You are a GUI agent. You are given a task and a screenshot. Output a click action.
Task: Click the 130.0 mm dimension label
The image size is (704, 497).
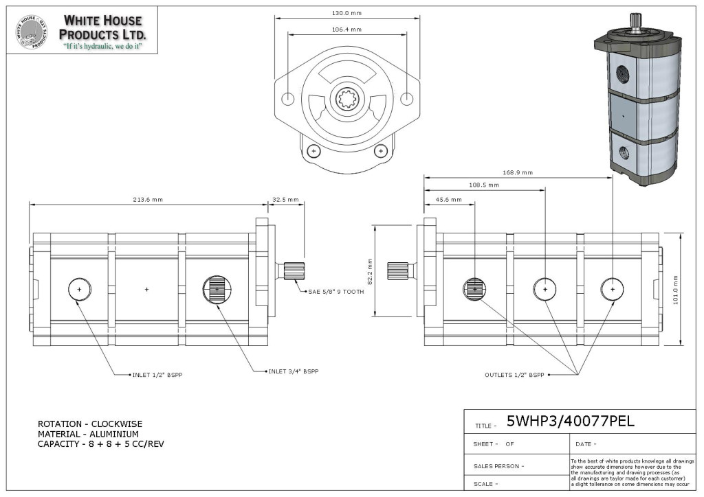tap(346, 13)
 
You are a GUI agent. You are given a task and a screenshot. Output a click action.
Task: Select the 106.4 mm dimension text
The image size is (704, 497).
tap(346, 30)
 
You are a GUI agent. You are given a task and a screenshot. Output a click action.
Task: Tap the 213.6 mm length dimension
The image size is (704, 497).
tap(148, 200)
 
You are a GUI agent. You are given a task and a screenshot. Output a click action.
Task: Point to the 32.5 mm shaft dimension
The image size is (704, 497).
tap(285, 200)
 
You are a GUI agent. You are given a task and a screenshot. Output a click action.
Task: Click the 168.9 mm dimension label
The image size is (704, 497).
tap(518, 172)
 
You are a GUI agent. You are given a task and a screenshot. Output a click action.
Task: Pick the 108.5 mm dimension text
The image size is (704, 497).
tap(484, 185)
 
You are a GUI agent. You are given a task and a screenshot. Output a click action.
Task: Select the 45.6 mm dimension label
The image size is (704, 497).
tap(448, 200)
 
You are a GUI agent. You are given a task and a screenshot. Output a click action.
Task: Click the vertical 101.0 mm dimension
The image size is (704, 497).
tap(676, 290)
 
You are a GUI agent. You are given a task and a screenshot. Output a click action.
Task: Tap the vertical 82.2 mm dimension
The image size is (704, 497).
tap(370, 272)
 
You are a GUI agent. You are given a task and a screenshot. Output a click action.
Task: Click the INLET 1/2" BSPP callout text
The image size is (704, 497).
tap(157, 375)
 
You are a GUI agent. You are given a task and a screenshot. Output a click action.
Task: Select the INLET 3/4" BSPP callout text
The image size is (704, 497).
tap(294, 371)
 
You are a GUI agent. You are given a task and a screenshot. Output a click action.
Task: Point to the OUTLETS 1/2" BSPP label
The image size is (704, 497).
tap(514, 375)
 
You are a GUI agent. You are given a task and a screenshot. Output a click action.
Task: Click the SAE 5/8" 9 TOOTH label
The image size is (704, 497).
tap(335, 291)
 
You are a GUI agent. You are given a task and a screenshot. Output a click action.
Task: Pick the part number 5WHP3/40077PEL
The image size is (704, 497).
tap(570, 421)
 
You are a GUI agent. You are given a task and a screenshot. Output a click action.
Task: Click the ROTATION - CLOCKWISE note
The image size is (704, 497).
tap(90, 424)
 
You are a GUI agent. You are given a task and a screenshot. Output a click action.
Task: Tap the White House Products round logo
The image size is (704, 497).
tap(32, 32)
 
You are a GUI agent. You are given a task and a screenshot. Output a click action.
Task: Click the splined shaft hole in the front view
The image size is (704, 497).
tap(347, 99)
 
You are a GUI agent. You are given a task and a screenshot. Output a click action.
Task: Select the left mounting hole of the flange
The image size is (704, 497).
tap(288, 99)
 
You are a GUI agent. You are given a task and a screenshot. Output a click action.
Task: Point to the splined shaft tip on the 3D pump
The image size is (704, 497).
tap(635, 20)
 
